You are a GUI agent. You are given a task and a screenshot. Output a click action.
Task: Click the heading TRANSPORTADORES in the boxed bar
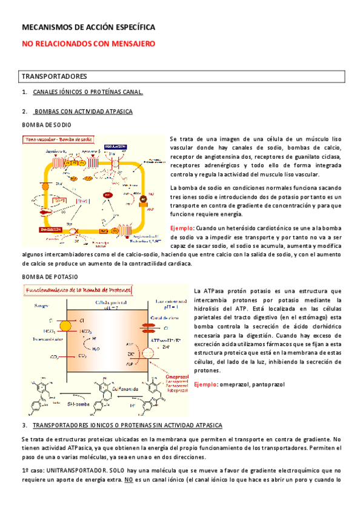(55, 77)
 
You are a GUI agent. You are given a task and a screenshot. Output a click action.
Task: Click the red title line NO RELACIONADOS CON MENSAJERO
(88, 44)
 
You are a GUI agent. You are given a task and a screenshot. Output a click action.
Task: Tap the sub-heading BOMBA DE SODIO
(46, 124)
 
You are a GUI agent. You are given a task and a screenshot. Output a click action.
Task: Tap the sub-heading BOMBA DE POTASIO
(49, 276)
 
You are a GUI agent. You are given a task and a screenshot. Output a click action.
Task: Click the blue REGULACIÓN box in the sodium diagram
(115, 147)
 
